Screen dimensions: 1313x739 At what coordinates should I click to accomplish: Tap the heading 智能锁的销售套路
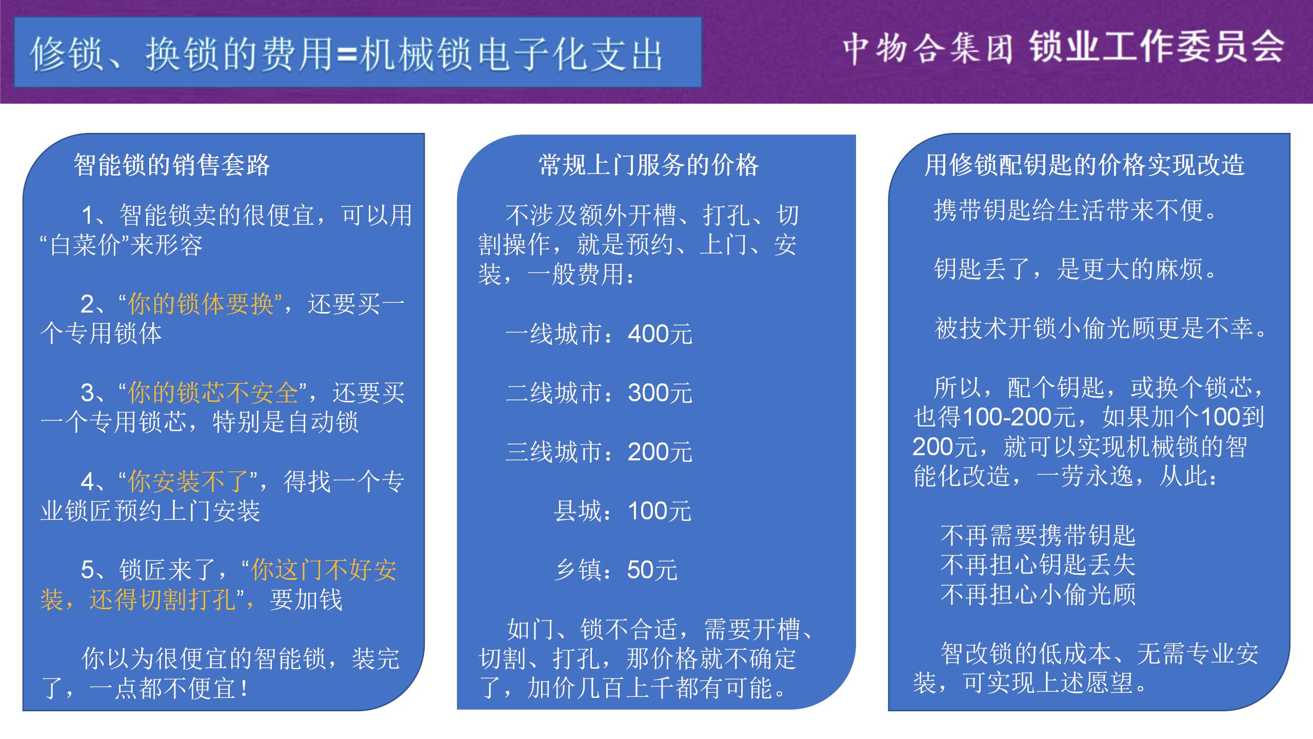(172, 165)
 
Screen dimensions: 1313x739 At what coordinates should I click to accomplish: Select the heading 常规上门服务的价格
(648, 165)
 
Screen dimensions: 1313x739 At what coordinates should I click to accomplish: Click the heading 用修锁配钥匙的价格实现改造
(1084, 165)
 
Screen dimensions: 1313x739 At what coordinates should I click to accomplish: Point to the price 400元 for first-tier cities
(660, 334)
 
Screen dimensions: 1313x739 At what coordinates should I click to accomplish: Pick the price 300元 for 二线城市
(660, 393)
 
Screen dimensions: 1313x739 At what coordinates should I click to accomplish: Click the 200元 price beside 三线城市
(660, 452)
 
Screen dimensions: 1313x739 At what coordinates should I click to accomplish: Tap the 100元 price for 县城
(660, 511)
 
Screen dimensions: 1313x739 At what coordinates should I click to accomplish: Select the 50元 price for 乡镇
(652, 570)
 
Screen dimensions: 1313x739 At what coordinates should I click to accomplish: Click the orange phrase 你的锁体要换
(201, 304)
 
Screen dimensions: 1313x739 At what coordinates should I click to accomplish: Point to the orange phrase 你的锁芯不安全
(213, 393)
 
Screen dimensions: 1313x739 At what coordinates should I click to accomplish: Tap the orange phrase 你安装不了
(189, 481)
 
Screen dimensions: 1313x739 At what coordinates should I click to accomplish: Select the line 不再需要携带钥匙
(1038, 535)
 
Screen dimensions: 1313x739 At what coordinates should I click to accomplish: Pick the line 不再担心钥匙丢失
(1038, 565)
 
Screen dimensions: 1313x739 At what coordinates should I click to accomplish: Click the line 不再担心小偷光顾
(1038, 595)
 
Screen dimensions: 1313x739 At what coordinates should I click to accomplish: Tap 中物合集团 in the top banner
(928, 49)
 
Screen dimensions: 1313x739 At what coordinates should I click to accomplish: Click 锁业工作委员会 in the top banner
(1157, 47)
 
